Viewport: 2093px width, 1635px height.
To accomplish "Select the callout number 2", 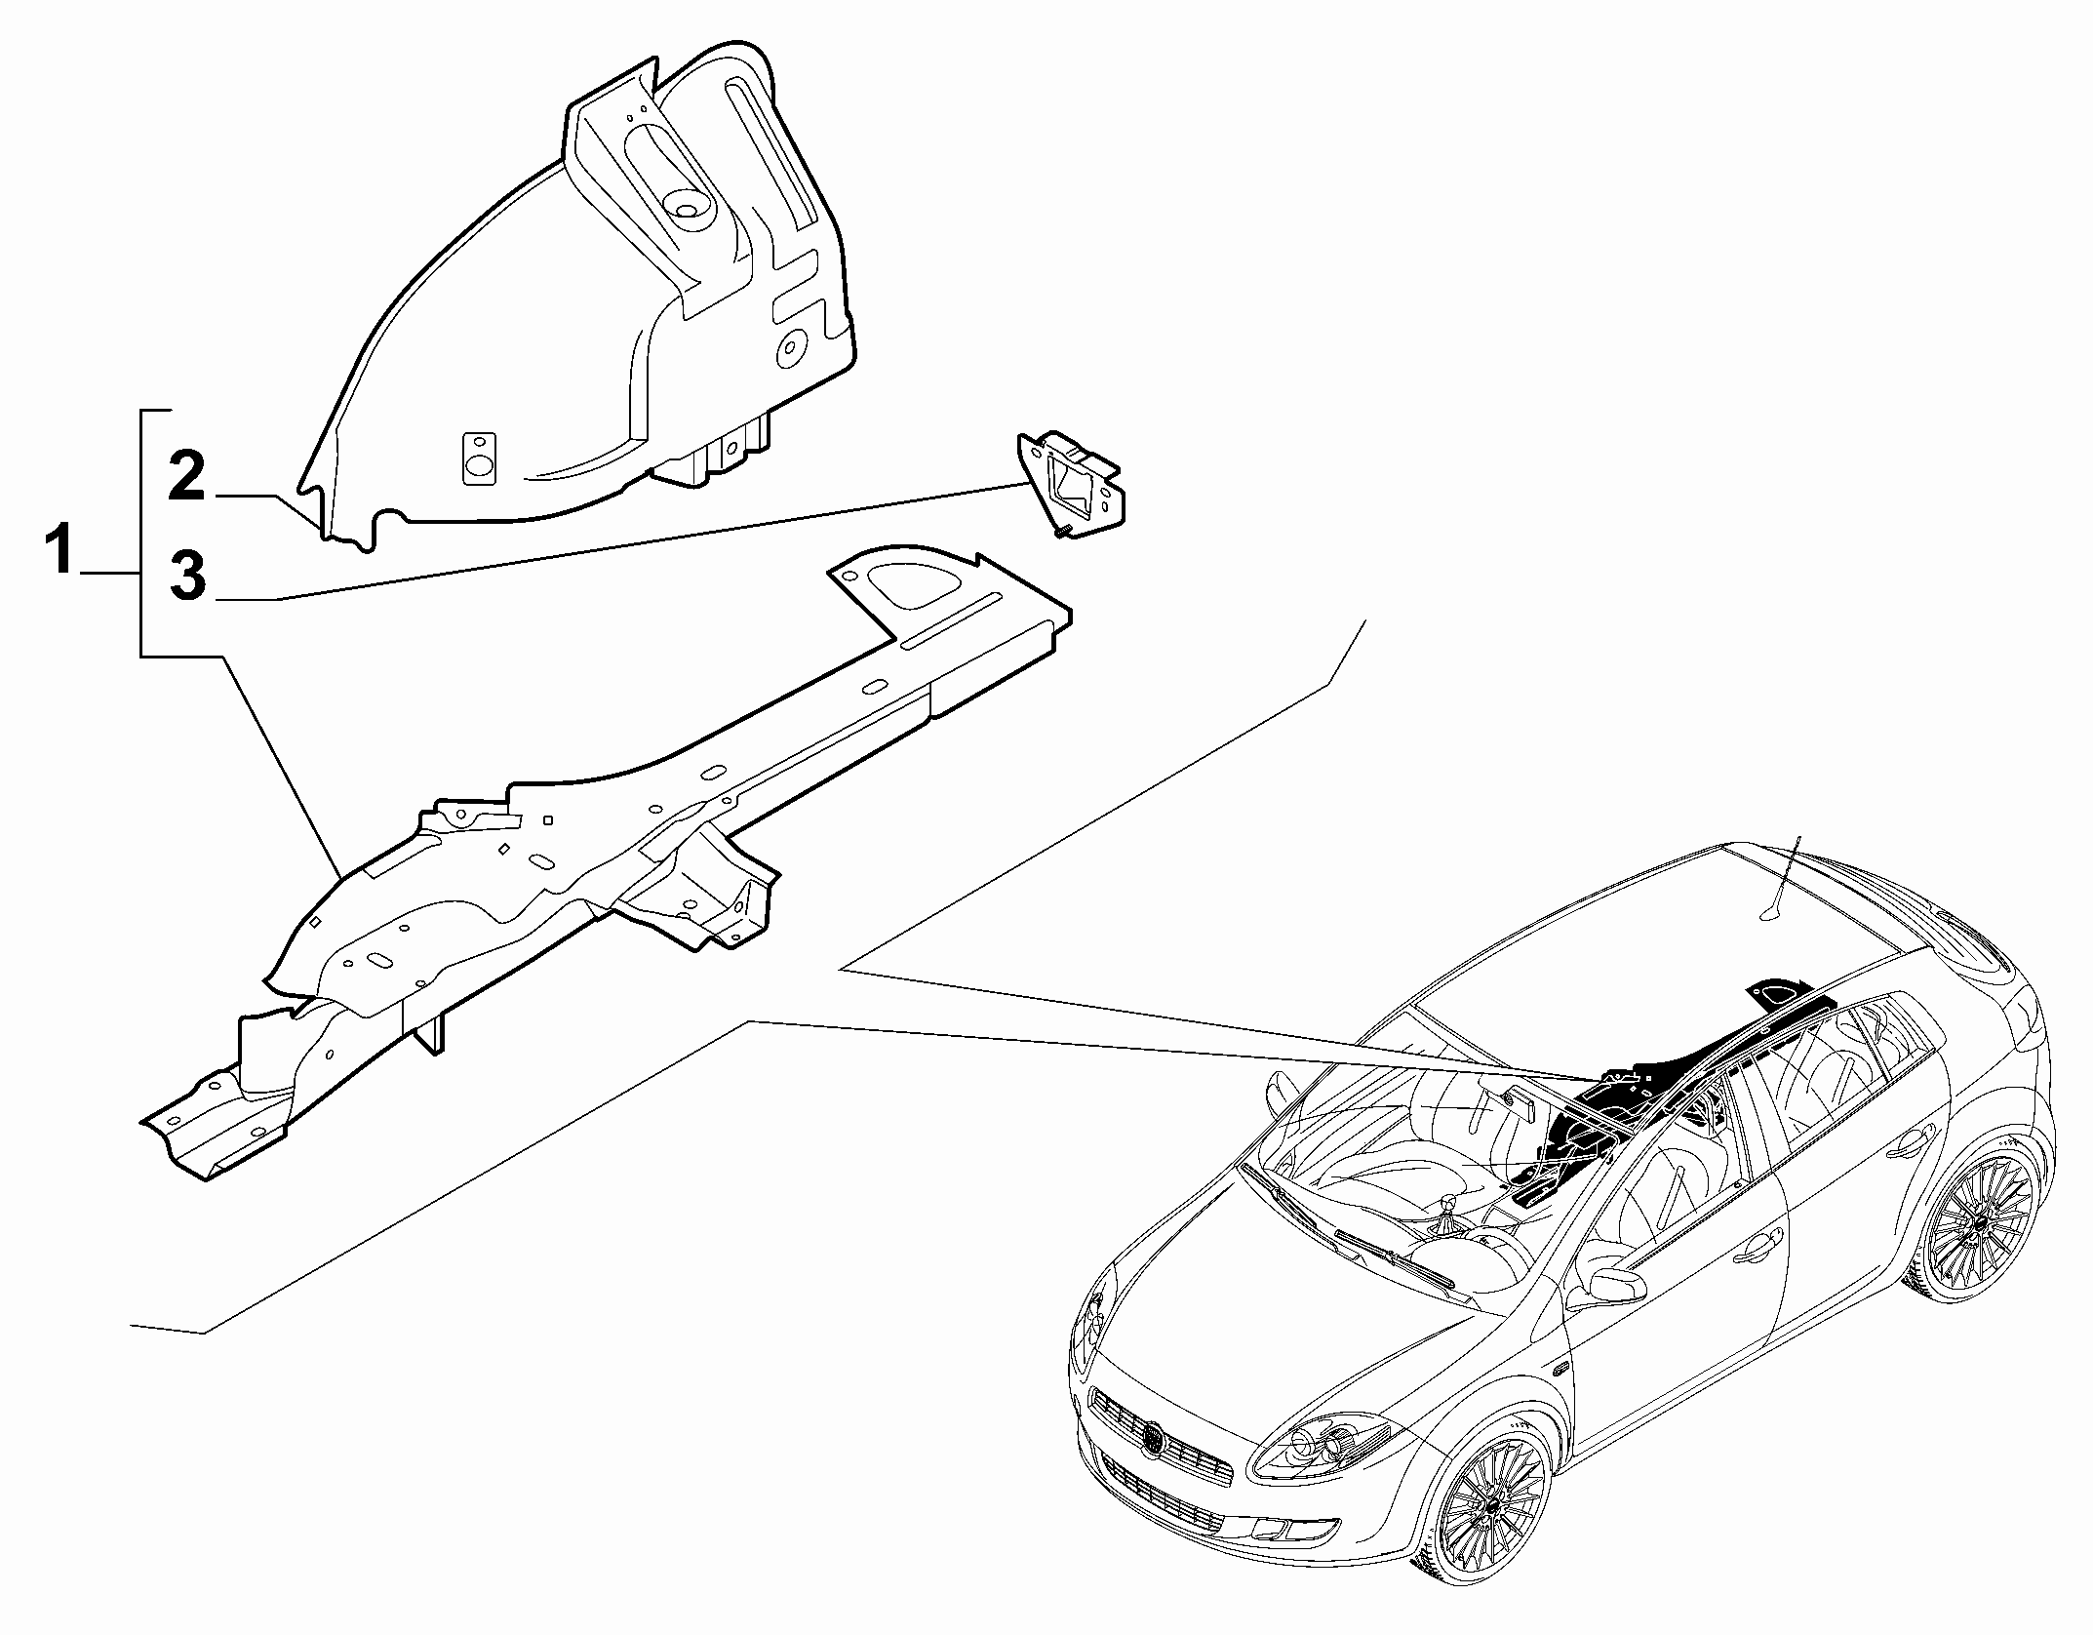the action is pos(186,475).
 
